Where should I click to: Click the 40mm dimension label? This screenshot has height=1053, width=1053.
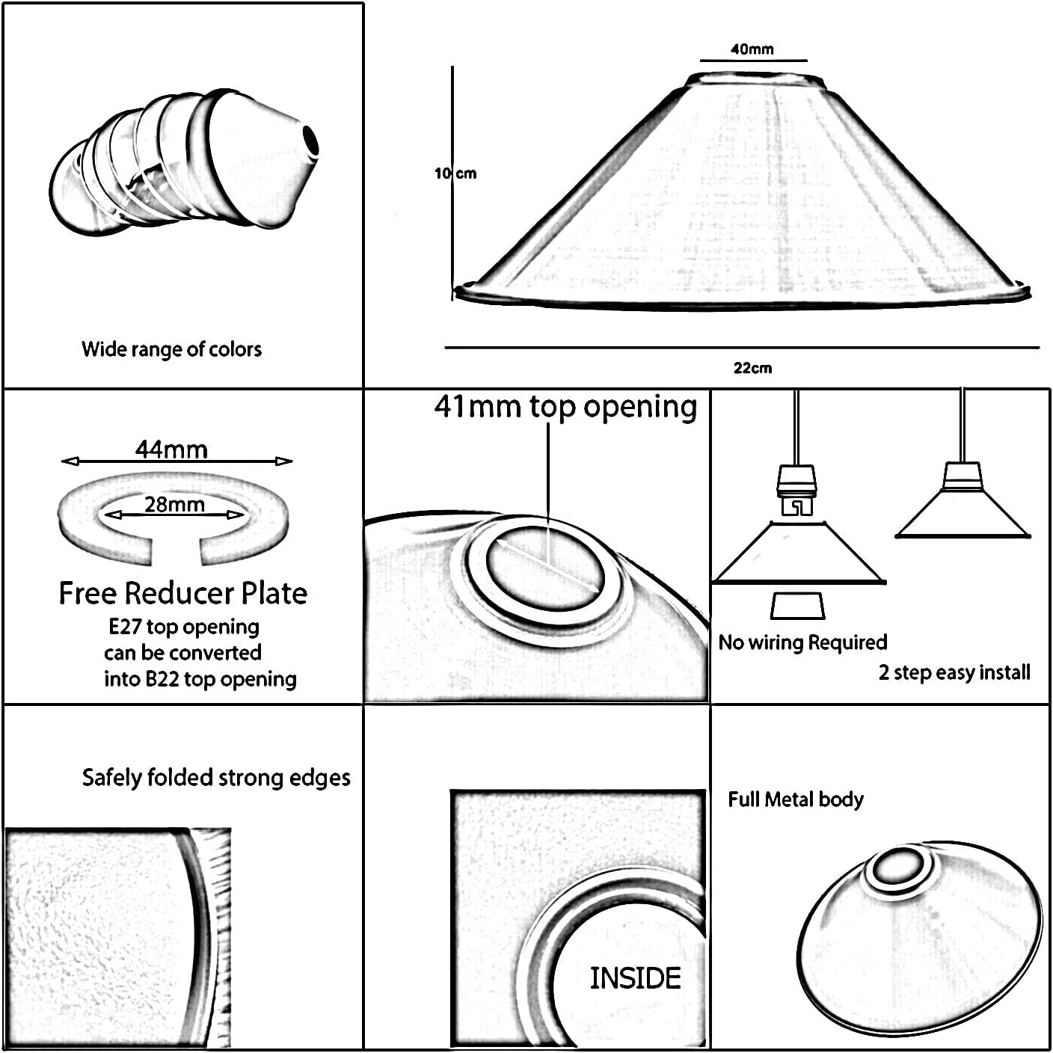pyautogui.click(x=752, y=49)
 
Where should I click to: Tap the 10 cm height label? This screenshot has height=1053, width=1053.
pyautogui.click(x=455, y=174)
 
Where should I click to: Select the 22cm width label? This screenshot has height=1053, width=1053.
pyautogui.click(x=752, y=368)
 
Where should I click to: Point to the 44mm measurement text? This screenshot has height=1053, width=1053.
pyautogui.click(x=171, y=449)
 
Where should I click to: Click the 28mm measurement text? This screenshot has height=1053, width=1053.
pyautogui.click(x=174, y=504)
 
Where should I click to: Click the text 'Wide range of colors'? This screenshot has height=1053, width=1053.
pyautogui.click(x=171, y=349)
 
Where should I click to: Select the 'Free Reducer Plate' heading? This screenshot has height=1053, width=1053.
pyautogui.click(x=183, y=593)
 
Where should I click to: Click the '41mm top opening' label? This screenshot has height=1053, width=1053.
pyautogui.click(x=565, y=407)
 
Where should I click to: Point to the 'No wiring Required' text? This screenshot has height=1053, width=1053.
pyautogui.click(x=802, y=642)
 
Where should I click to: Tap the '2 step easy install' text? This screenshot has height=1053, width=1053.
pyautogui.click(x=954, y=672)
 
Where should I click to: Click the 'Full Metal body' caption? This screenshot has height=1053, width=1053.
pyautogui.click(x=796, y=799)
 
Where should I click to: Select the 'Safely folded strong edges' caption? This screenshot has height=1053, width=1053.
pyautogui.click(x=216, y=778)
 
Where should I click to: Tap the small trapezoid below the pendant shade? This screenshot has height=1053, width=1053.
pyautogui.click(x=797, y=606)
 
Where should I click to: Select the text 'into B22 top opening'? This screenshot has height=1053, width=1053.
pyautogui.click(x=200, y=679)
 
